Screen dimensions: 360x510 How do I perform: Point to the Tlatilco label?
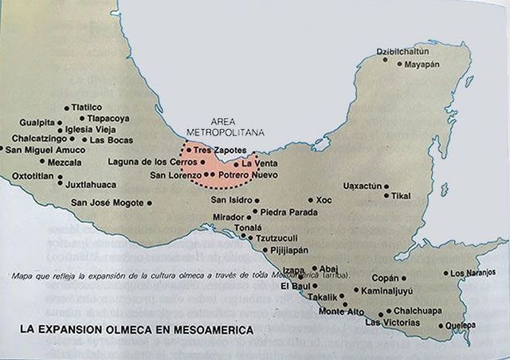[87, 107]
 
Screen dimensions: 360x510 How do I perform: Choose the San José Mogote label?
[108, 202]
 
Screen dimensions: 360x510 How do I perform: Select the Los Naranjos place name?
[473, 273]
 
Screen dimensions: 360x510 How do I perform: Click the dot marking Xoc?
[310, 200]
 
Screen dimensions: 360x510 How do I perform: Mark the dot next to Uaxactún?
[386, 186]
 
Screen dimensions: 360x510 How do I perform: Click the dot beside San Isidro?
[257, 200]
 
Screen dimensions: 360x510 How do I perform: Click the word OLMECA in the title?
[147, 328]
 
